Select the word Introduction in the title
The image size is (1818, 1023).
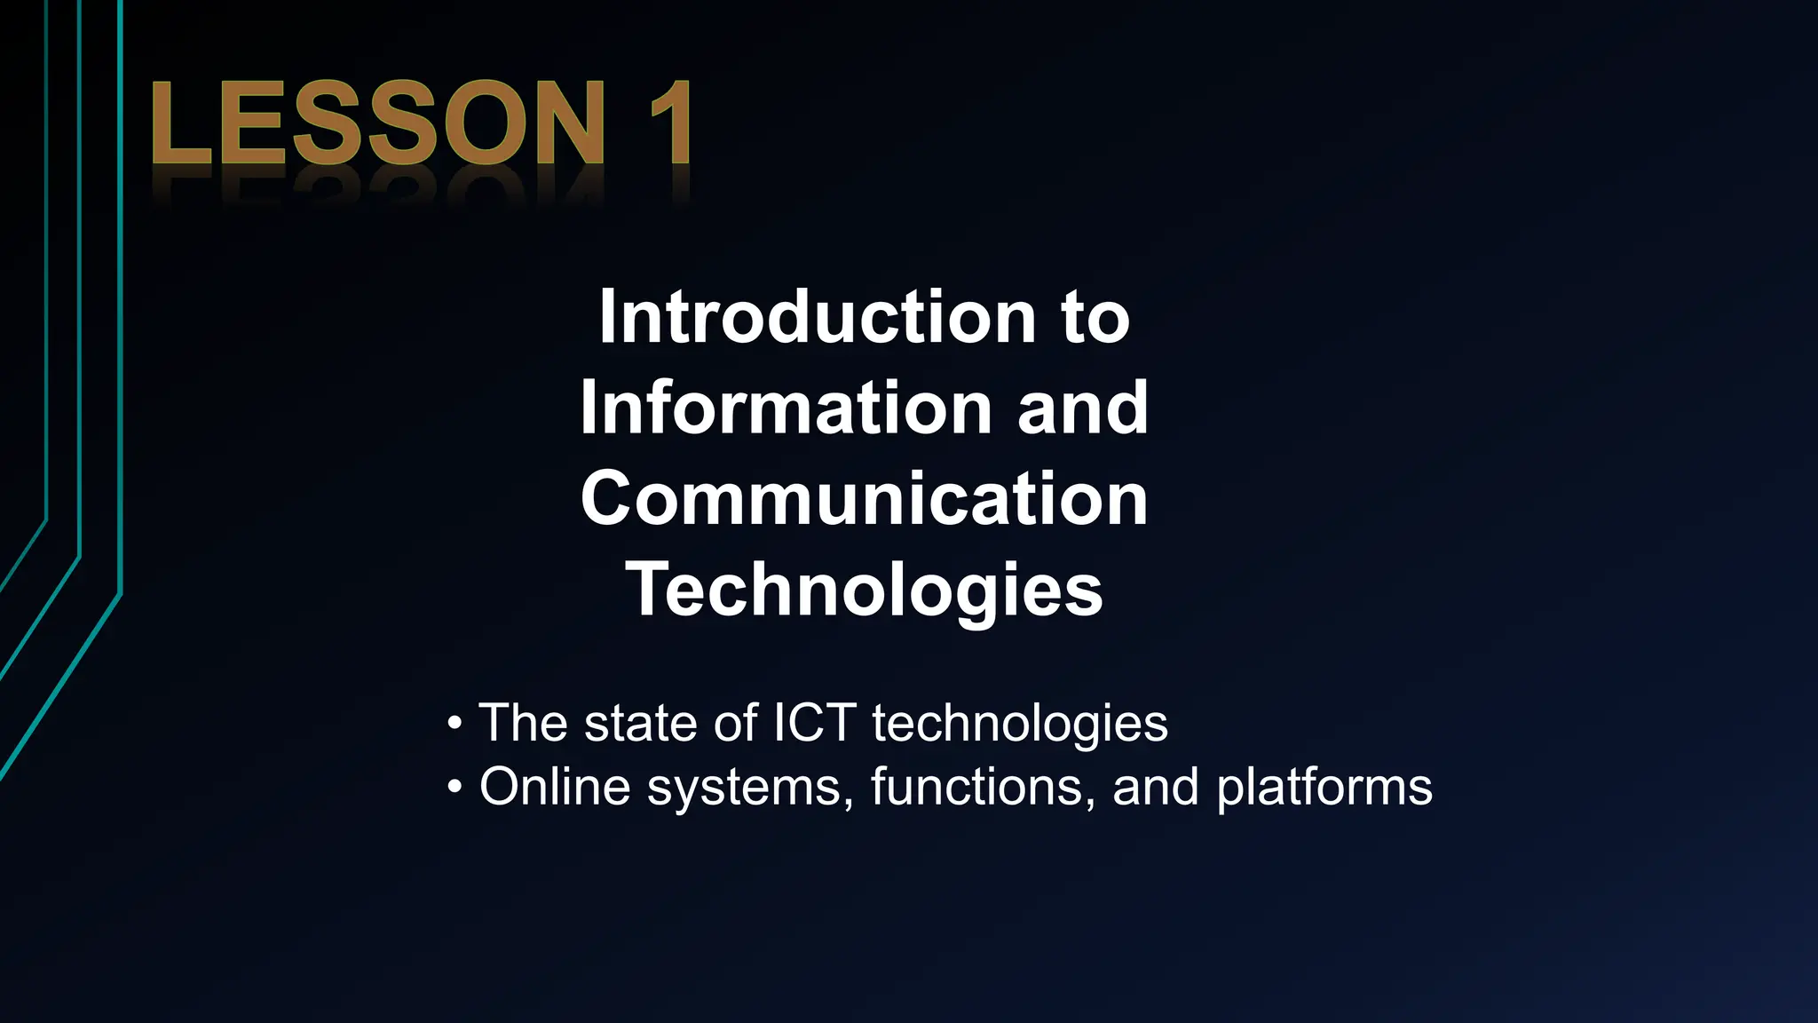point(817,317)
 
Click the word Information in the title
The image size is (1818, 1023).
point(785,408)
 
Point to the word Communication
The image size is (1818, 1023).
point(864,499)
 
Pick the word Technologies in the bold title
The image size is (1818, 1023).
point(864,591)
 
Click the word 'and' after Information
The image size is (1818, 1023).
point(1083,408)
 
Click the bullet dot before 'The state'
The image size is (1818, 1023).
point(454,724)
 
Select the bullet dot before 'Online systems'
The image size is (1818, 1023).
point(454,788)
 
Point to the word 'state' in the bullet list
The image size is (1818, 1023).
point(640,723)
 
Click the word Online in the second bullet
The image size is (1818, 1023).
point(555,787)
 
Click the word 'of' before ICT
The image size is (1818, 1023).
point(736,723)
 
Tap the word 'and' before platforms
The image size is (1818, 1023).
point(1155,787)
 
